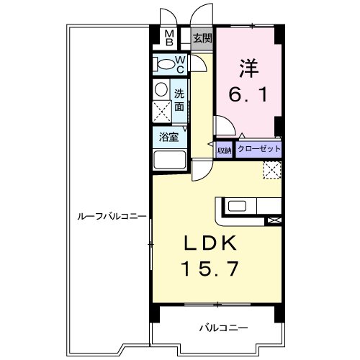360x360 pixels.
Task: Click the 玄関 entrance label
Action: pyautogui.click(x=202, y=38)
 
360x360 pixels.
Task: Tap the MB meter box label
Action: pyautogui.click(x=170, y=37)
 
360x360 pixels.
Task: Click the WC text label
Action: pyautogui.click(x=180, y=64)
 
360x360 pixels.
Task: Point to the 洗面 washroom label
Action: pyautogui.click(x=179, y=100)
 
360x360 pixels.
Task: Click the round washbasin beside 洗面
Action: pyautogui.click(x=161, y=89)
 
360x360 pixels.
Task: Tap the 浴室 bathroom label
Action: pyautogui.click(x=168, y=137)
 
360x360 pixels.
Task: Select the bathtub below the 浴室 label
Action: pyautogui.click(x=170, y=160)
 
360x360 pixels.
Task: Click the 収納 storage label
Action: pyautogui.click(x=225, y=150)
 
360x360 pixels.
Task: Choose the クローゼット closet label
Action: pyautogui.click(x=259, y=149)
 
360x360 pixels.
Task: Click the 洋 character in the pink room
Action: pyautogui.click(x=249, y=68)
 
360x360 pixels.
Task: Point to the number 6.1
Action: pyautogui.click(x=248, y=94)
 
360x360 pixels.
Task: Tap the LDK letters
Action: pyautogui.click(x=210, y=243)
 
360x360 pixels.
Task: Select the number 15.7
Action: pyautogui.click(x=210, y=269)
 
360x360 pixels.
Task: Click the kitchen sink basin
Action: pyautogui.click(x=237, y=206)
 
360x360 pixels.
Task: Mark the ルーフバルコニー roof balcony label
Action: pyautogui.click(x=112, y=217)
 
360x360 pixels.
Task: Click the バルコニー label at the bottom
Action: pyautogui.click(x=223, y=328)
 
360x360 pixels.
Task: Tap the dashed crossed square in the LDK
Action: pyautogui.click(x=272, y=170)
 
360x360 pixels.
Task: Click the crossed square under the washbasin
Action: pyautogui.click(x=162, y=112)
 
